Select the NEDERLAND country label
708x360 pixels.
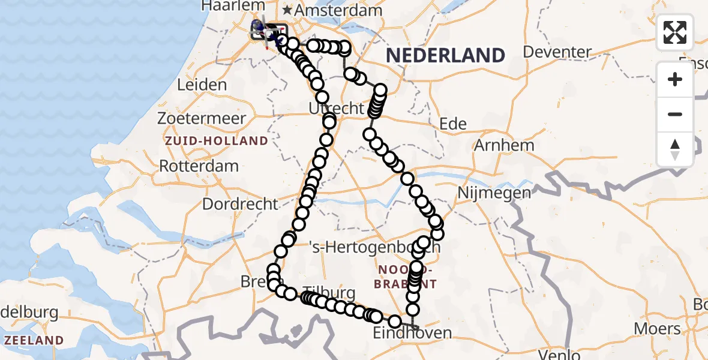[x=445, y=55]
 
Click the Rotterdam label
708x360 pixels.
[x=199, y=166]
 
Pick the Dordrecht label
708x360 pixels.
[x=240, y=204]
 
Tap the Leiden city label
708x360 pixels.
[x=202, y=85]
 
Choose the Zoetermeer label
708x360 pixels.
[x=202, y=118]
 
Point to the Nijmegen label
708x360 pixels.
[x=494, y=193]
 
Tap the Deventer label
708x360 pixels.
[x=557, y=52]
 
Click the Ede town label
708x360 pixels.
[x=453, y=124]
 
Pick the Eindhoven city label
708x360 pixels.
[x=412, y=333]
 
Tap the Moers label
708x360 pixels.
[x=661, y=329]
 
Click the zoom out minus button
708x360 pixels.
[x=675, y=114]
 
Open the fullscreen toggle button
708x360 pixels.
[x=675, y=32]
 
